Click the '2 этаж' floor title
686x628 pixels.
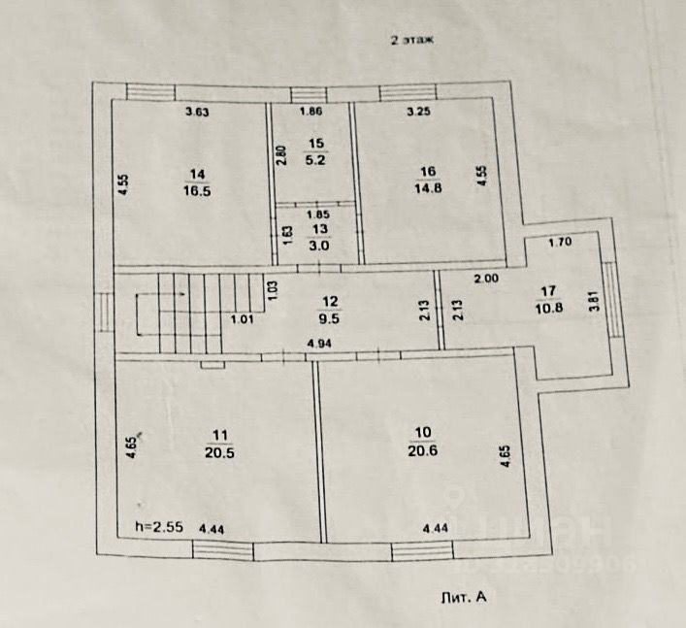pyautogui.click(x=411, y=41)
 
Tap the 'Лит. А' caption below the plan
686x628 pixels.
pyautogui.click(x=462, y=599)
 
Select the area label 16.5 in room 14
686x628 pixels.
pyautogui.click(x=198, y=191)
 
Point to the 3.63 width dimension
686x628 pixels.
pyautogui.click(x=198, y=113)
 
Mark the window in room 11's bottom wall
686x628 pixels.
pyautogui.click(x=224, y=550)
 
